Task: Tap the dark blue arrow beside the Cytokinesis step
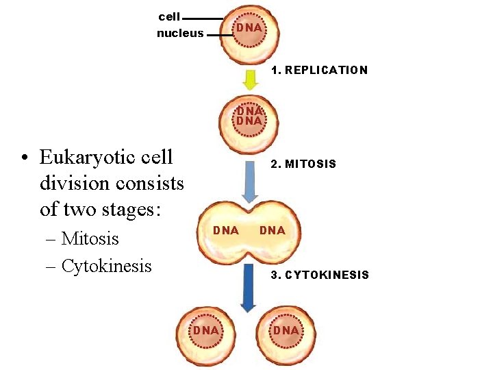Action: point(248,295)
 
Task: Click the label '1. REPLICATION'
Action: point(319,70)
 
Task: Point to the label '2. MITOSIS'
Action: point(303,164)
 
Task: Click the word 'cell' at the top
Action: point(169,16)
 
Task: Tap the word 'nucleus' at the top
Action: point(180,33)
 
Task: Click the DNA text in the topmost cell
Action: point(249,27)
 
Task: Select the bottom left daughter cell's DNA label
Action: point(205,331)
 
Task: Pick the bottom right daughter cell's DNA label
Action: point(286,331)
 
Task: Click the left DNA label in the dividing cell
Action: point(225,230)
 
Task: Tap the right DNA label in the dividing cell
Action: point(272,230)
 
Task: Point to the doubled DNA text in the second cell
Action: point(249,116)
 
